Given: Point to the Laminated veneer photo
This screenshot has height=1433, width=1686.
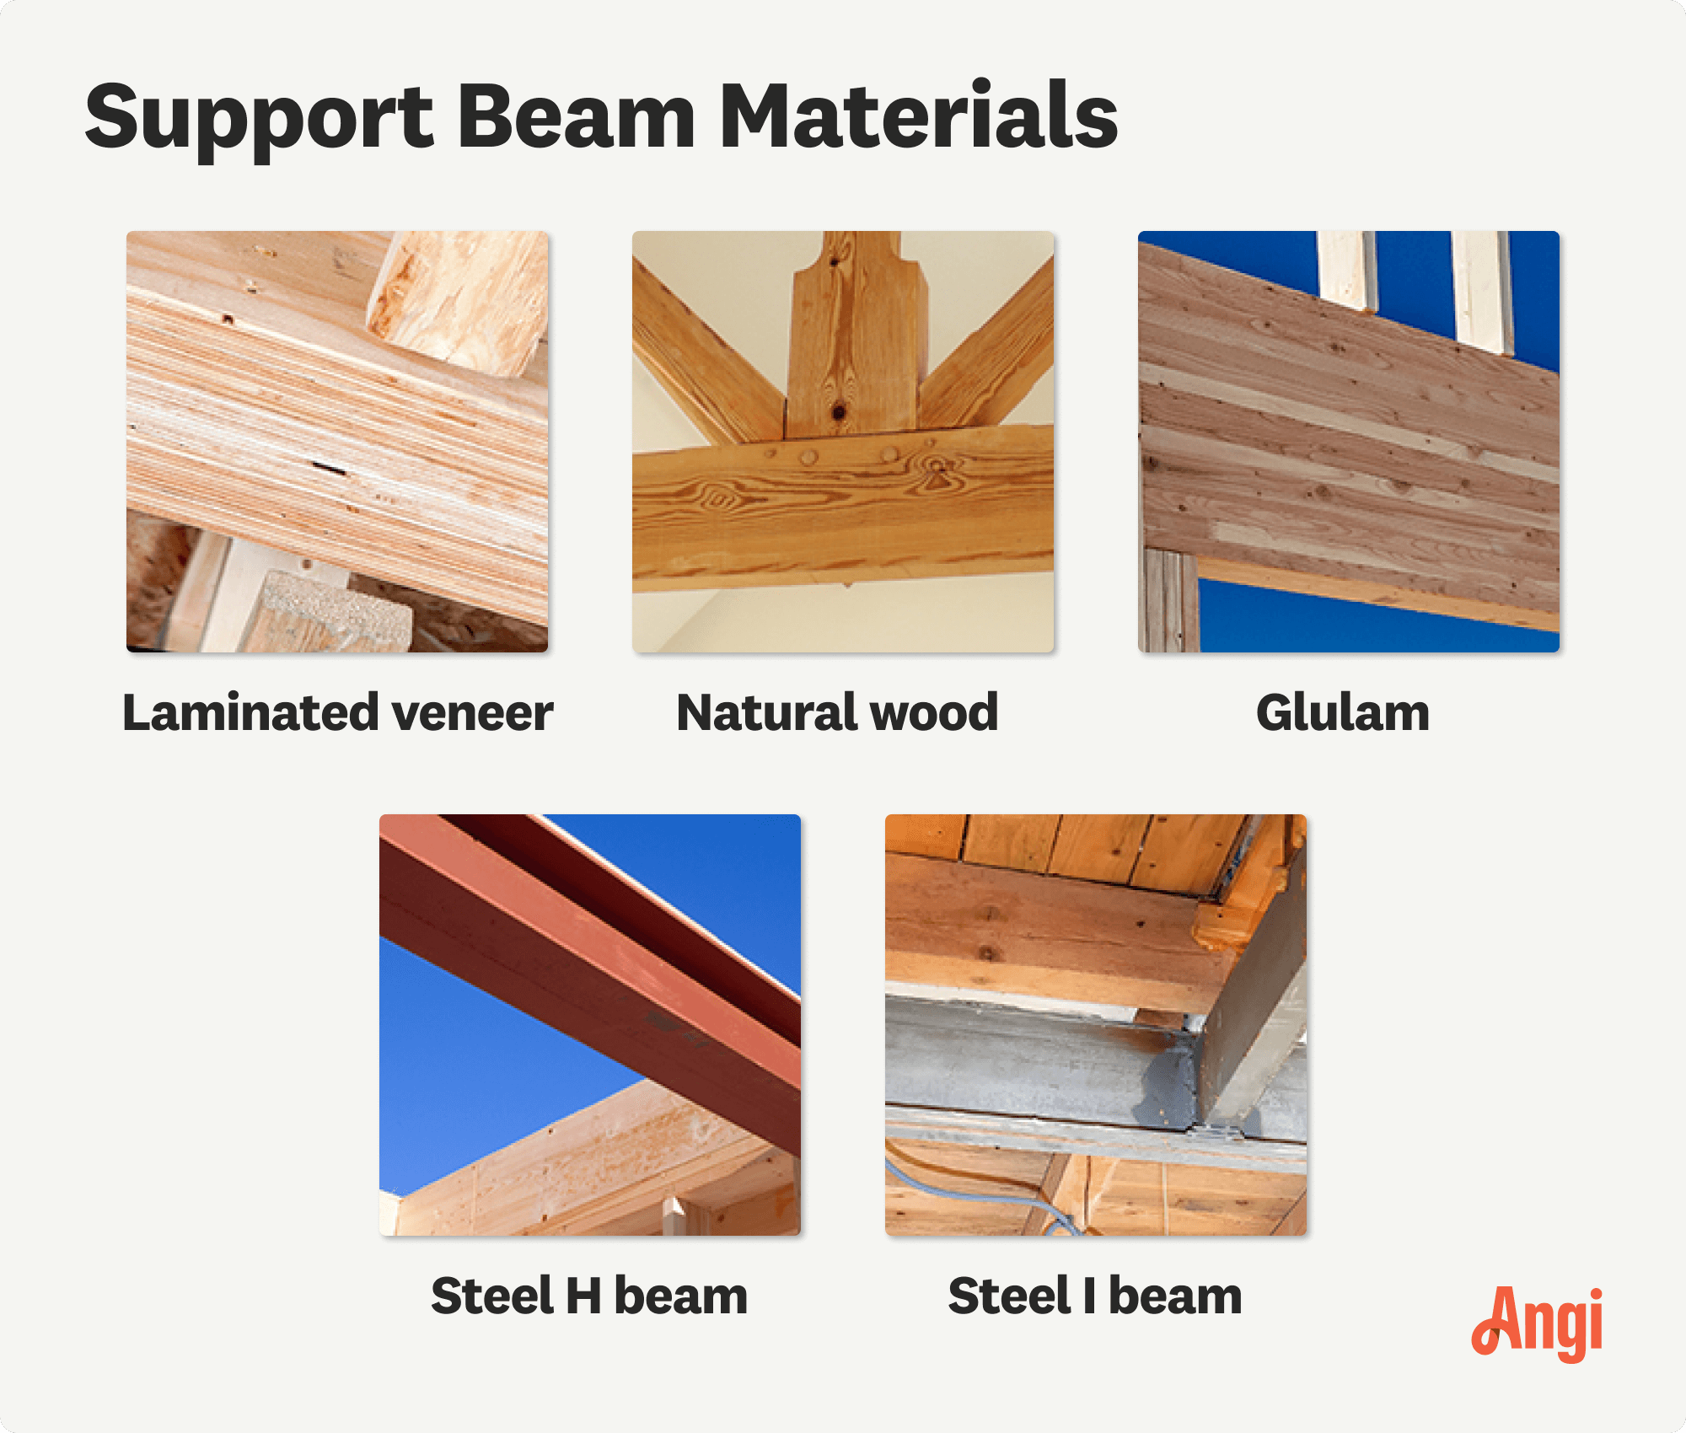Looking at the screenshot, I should click(x=337, y=441).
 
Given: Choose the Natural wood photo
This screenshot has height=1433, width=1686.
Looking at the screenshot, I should click(x=843, y=441).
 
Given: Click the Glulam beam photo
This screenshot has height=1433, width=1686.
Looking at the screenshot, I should click(x=1349, y=441).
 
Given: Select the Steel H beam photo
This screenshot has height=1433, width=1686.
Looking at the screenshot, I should click(x=590, y=1024).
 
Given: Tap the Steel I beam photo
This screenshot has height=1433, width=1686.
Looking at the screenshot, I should click(x=1096, y=1024).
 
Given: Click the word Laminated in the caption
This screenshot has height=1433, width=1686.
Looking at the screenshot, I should click(x=250, y=713).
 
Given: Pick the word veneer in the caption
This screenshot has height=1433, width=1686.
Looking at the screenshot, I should click(x=472, y=713).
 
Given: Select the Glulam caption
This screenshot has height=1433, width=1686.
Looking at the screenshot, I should click(x=1343, y=713).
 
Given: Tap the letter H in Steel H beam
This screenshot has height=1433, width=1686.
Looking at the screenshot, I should click(x=583, y=1296).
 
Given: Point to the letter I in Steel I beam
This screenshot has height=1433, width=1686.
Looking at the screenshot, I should click(x=1089, y=1296).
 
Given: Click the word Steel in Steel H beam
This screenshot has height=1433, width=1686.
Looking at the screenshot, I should click(x=492, y=1296).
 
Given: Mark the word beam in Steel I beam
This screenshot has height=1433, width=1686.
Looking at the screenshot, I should click(x=1175, y=1296).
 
